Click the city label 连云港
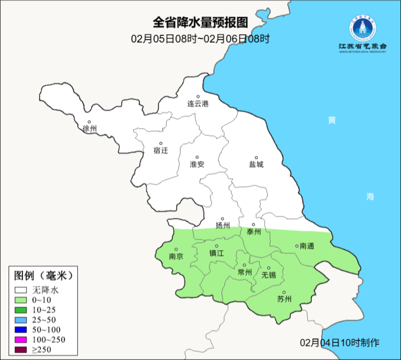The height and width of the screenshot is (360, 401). coord(198,104)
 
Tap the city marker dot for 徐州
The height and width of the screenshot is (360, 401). coord(89,122)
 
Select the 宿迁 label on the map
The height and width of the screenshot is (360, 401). coord(161,150)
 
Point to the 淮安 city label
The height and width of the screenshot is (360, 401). coord(197,164)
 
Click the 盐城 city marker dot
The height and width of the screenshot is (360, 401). coord(256,158)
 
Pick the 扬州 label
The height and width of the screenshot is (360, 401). coord(223,226)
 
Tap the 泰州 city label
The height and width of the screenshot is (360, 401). coord(254,232)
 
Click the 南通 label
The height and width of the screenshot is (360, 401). coord(307,246)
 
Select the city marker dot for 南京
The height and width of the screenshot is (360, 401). coord(176,250)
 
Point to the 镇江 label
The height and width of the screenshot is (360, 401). coord(217,253)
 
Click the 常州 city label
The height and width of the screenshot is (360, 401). coord(245,272)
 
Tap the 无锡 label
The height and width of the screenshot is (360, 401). coord(269,275)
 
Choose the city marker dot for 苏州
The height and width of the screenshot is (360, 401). coord(284,292)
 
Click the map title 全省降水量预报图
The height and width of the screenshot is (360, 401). coord(200,23)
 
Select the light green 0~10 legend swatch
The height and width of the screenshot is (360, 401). coord(21,300)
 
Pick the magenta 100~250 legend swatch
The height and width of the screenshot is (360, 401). coord(21,340)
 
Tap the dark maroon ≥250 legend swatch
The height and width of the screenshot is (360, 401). coord(21,350)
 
